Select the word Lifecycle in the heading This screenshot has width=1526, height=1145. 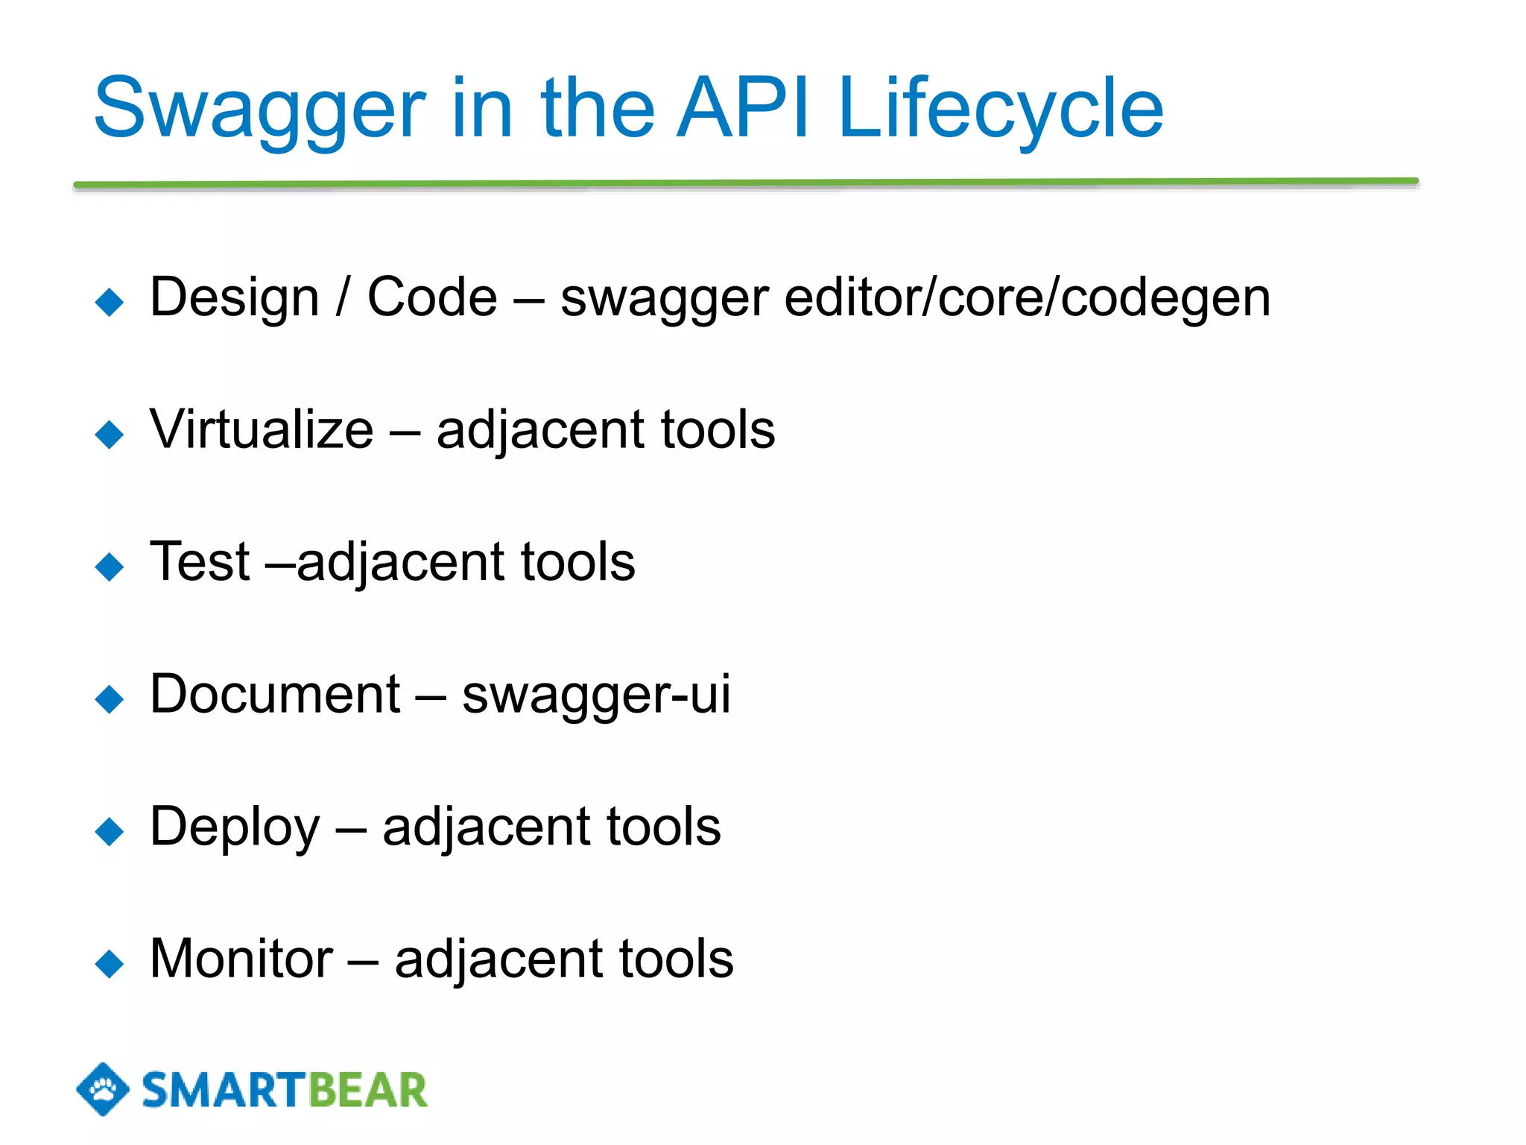point(1000,110)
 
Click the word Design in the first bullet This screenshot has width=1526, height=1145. point(234,297)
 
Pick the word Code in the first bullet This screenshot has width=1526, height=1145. point(432,297)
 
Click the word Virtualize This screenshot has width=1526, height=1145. point(261,430)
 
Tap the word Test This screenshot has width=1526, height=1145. point(200,562)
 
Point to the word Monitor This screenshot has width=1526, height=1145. point(241,959)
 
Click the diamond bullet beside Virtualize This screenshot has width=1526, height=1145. point(110,434)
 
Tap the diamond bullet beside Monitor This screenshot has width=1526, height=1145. point(110,963)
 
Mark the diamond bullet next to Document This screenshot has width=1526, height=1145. point(110,698)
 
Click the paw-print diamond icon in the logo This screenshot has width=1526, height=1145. point(103,1089)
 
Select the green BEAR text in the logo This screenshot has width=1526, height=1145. point(367,1091)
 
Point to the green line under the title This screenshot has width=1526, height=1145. point(745,183)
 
